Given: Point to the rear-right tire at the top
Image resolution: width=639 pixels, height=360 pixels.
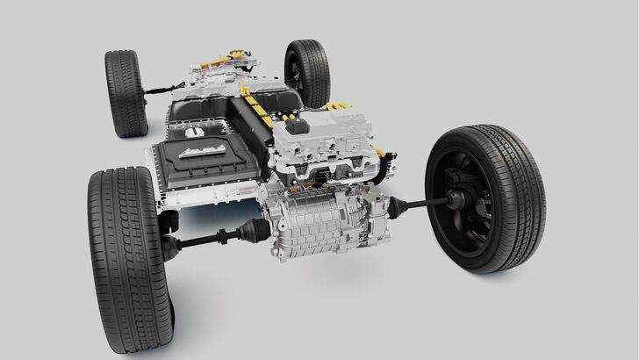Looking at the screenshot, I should click(306, 71).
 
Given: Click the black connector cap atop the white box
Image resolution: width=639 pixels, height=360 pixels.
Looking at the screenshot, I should click(313, 121).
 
